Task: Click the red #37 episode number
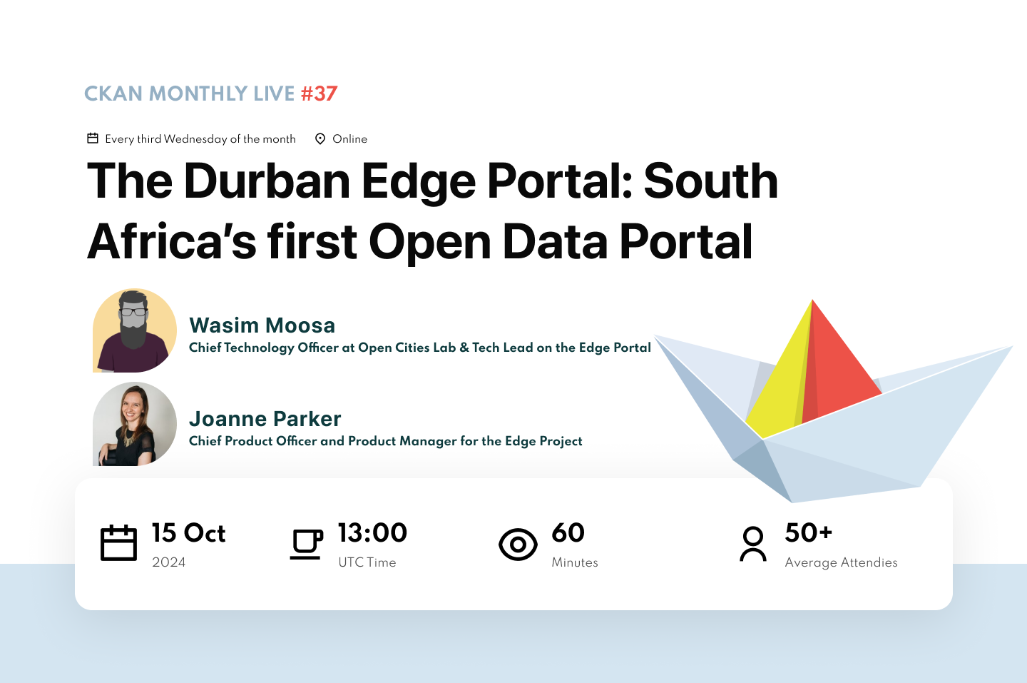pos(319,93)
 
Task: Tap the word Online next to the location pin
pos(349,139)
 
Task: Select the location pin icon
pos(320,138)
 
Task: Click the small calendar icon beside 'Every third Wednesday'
pos(93,138)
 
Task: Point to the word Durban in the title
pos(267,181)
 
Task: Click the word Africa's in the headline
pos(171,241)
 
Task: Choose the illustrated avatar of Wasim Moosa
pos(134,330)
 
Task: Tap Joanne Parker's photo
pos(134,424)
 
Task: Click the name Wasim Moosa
pos(262,325)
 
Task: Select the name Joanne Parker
pos(265,419)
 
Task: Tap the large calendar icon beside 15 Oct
pos(118,543)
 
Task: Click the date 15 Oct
pos(188,533)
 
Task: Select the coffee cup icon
pos(306,544)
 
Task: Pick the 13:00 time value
pos(372,532)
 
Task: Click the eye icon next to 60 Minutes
pos(518,545)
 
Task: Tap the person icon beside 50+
pos(753,544)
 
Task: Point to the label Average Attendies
pos(841,562)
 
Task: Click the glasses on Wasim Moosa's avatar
pos(133,312)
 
